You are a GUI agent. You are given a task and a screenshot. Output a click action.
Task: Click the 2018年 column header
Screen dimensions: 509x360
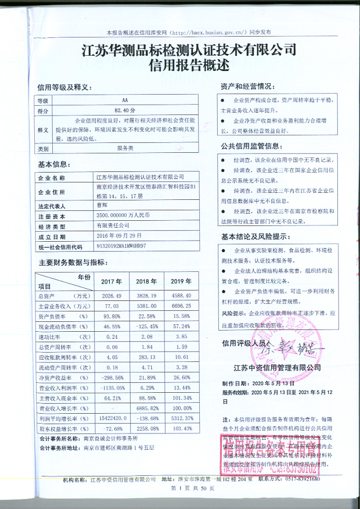tap(146, 282)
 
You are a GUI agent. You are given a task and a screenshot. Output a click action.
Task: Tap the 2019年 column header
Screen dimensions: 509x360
tap(181, 282)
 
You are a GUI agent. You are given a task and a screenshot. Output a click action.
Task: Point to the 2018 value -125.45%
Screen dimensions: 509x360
tap(146, 326)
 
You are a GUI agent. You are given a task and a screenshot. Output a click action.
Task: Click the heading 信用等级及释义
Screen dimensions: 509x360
tap(63, 88)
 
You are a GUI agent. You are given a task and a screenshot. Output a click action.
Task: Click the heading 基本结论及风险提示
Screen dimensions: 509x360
tap(254, 237)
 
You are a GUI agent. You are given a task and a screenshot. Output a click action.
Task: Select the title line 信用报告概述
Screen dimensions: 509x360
tap(181, 65)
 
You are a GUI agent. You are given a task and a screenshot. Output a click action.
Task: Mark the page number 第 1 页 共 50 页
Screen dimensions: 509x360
tap(180, 491)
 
